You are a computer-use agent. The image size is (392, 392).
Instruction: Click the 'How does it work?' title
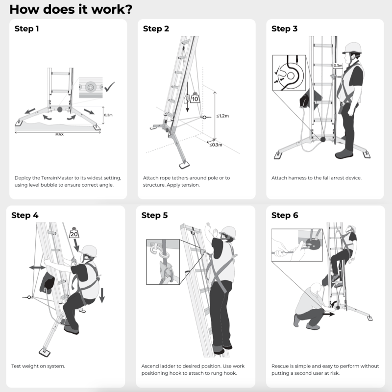click(x=71, y=9)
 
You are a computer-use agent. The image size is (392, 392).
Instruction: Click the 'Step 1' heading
click(x=27, y=29)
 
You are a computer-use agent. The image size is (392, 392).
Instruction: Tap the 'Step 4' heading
click(x=24, y=215)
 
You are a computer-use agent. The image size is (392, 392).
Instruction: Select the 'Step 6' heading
click(x=284, y=215)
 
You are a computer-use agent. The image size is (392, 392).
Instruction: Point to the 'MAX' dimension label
click(x=60, y=134)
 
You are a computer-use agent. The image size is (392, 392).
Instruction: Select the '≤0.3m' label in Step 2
click(x=215, y=145)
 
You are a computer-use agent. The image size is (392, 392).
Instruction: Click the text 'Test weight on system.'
click(x=38, y=366)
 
